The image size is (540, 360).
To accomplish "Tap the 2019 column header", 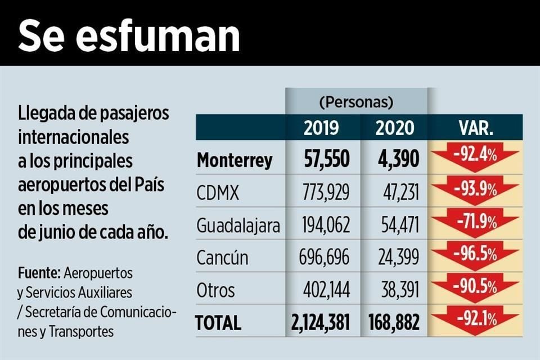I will point(321,128).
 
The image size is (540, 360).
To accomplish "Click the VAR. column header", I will point(476,128).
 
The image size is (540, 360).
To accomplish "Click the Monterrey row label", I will point(235,160).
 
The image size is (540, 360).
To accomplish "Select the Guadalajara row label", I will point(238,226).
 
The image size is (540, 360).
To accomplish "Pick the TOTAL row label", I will point(218,323).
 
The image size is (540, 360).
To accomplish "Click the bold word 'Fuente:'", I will point(39,273).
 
